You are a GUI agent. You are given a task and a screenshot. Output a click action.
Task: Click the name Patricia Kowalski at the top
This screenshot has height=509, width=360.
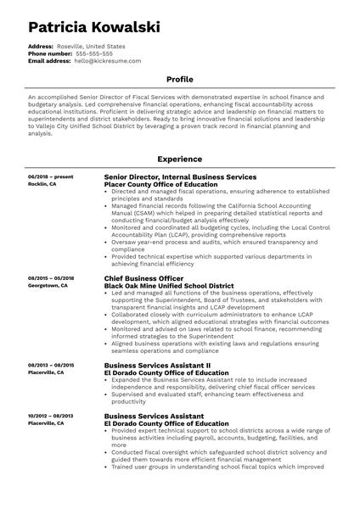(x=93, y=27)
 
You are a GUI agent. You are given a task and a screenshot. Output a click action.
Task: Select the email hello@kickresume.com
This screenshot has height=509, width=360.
(x=107, y=62)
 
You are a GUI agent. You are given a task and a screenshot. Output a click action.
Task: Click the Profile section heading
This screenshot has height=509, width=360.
(x=179, y=80)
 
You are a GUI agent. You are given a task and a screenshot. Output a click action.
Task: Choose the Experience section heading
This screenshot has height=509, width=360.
(x=179, y=159)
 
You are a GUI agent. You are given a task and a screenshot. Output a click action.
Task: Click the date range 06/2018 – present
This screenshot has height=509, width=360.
(x=50, y=176)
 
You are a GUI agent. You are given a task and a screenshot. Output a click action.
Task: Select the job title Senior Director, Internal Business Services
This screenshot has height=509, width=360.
(x=179, y=176)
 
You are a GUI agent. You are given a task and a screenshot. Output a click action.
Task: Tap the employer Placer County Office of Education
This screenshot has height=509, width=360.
(x=160, y=184)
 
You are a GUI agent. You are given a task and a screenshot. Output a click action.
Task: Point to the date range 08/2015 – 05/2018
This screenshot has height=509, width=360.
(x=51, y=278)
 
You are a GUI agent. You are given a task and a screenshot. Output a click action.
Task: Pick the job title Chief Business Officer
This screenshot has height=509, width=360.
(x=143, y=278)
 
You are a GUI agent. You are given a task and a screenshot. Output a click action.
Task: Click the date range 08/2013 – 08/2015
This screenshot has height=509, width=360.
(x=51, y=365)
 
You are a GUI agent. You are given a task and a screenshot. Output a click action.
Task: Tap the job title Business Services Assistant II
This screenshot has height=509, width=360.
(x=157, y=365)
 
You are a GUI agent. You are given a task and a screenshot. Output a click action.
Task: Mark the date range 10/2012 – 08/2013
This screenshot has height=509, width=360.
(x=51, y=416)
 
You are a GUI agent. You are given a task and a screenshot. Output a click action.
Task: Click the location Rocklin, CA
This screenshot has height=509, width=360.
(x=42, y=184)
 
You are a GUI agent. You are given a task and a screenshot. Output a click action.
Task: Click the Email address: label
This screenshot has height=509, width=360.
(x=49, y=62)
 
